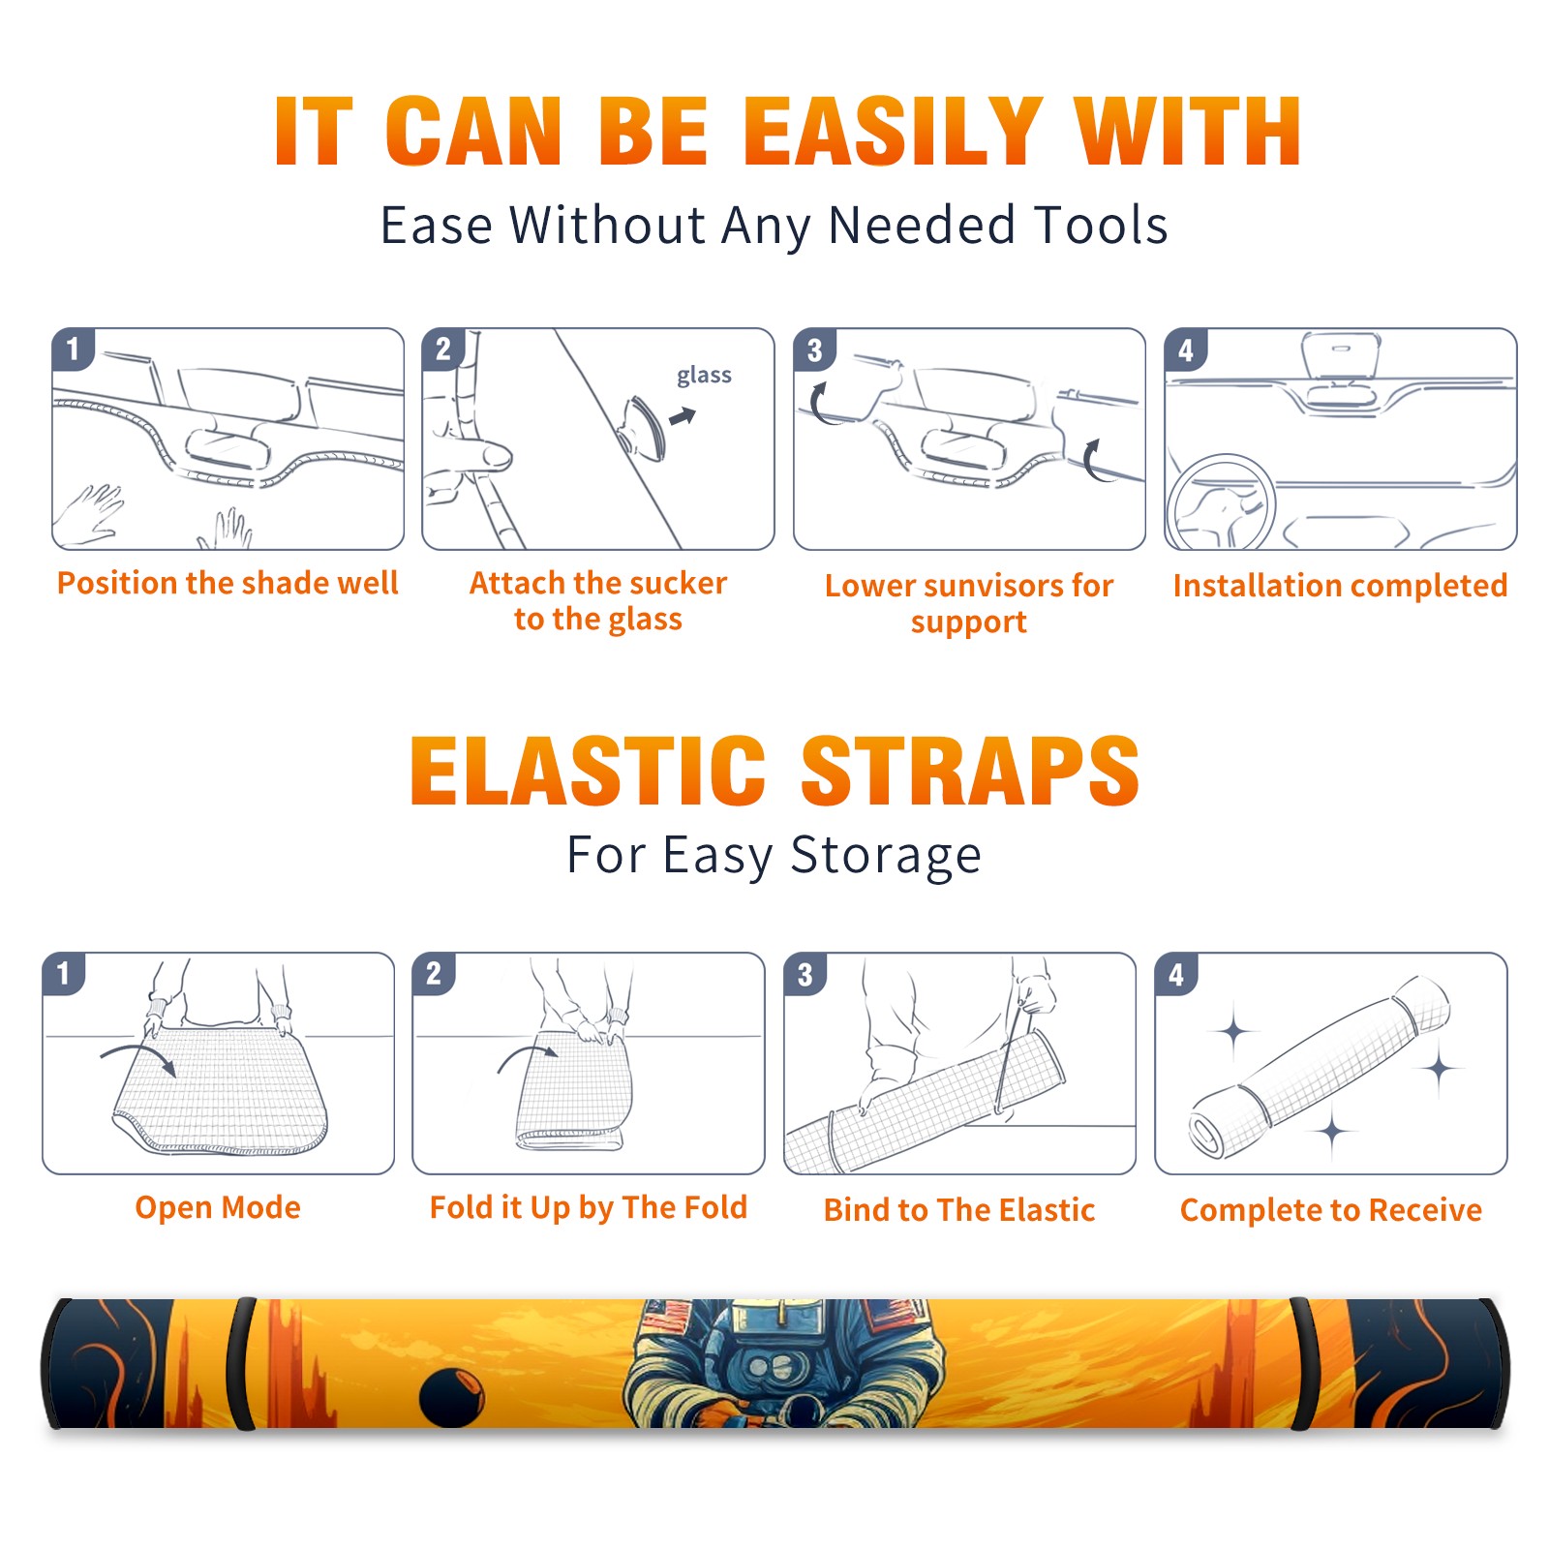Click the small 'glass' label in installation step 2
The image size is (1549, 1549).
coord(704,375)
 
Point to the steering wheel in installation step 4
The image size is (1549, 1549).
coord(1220,501)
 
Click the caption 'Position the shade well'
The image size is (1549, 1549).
coord(228,583)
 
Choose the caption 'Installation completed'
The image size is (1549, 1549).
coord(1340,585)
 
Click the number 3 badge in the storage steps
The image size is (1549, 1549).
coord(805,974)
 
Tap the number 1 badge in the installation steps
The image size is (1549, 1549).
coord(73,349)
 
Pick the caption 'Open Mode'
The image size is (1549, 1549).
coord(218,1207)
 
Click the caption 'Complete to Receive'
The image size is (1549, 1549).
coord(1331,1210)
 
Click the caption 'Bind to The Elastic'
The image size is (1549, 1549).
coord(959,1210)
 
